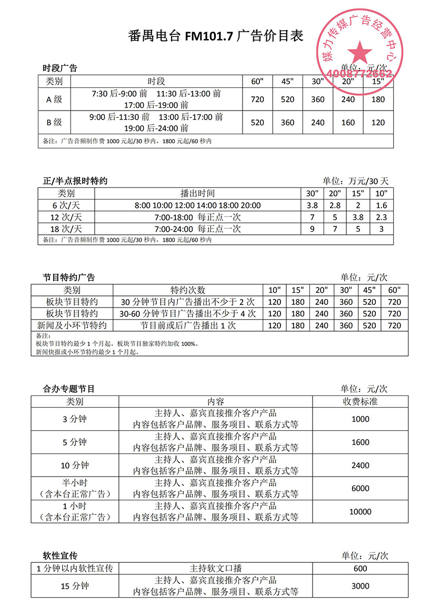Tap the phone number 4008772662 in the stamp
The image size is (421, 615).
click(360, 74)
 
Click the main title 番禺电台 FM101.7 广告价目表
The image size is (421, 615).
click(216, 36)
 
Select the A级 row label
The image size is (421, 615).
click(54, 100)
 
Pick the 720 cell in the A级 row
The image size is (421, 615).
click(257, 100)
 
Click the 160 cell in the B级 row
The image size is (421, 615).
click(349, 123)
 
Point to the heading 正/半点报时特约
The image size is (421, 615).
click(75, 181)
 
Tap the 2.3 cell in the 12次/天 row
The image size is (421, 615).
click(382, 217)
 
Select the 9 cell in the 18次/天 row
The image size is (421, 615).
click(312, 229)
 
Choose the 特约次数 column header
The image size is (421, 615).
click(188, 290)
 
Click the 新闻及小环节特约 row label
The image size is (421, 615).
click(72, 325)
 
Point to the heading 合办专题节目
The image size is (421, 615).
click(68, 389)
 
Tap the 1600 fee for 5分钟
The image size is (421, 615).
click(360, 442)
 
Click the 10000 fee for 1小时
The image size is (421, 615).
click(360, 511)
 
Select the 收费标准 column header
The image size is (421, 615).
click(360, 402)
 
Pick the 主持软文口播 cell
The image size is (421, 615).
click(216, 569)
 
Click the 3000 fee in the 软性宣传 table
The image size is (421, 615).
click(360, 586)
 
